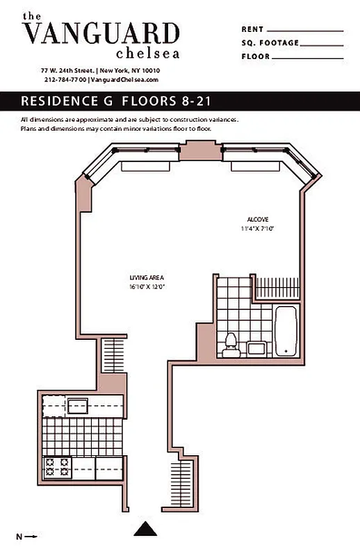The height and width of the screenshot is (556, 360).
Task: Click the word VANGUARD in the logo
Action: pyautogui.click(x=101, y=33)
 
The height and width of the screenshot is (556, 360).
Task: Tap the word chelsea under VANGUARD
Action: pyautogui.click(x=147, y=53)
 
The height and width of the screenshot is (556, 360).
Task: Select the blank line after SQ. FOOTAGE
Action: pyautogui.click(x=322, y=44)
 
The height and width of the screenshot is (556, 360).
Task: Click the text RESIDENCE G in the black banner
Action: pyautogui.click(x=67, y=101)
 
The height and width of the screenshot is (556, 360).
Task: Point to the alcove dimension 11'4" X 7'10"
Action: pyautogui.click(x=257, y=228)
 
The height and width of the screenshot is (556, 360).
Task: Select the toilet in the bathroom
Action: pyautogui.click(x=231, y=341)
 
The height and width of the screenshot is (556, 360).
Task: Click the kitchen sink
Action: pyautogui.click(x=76, y=405)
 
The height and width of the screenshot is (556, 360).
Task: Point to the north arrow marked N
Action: pyautogui.click(x=26, y=537)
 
